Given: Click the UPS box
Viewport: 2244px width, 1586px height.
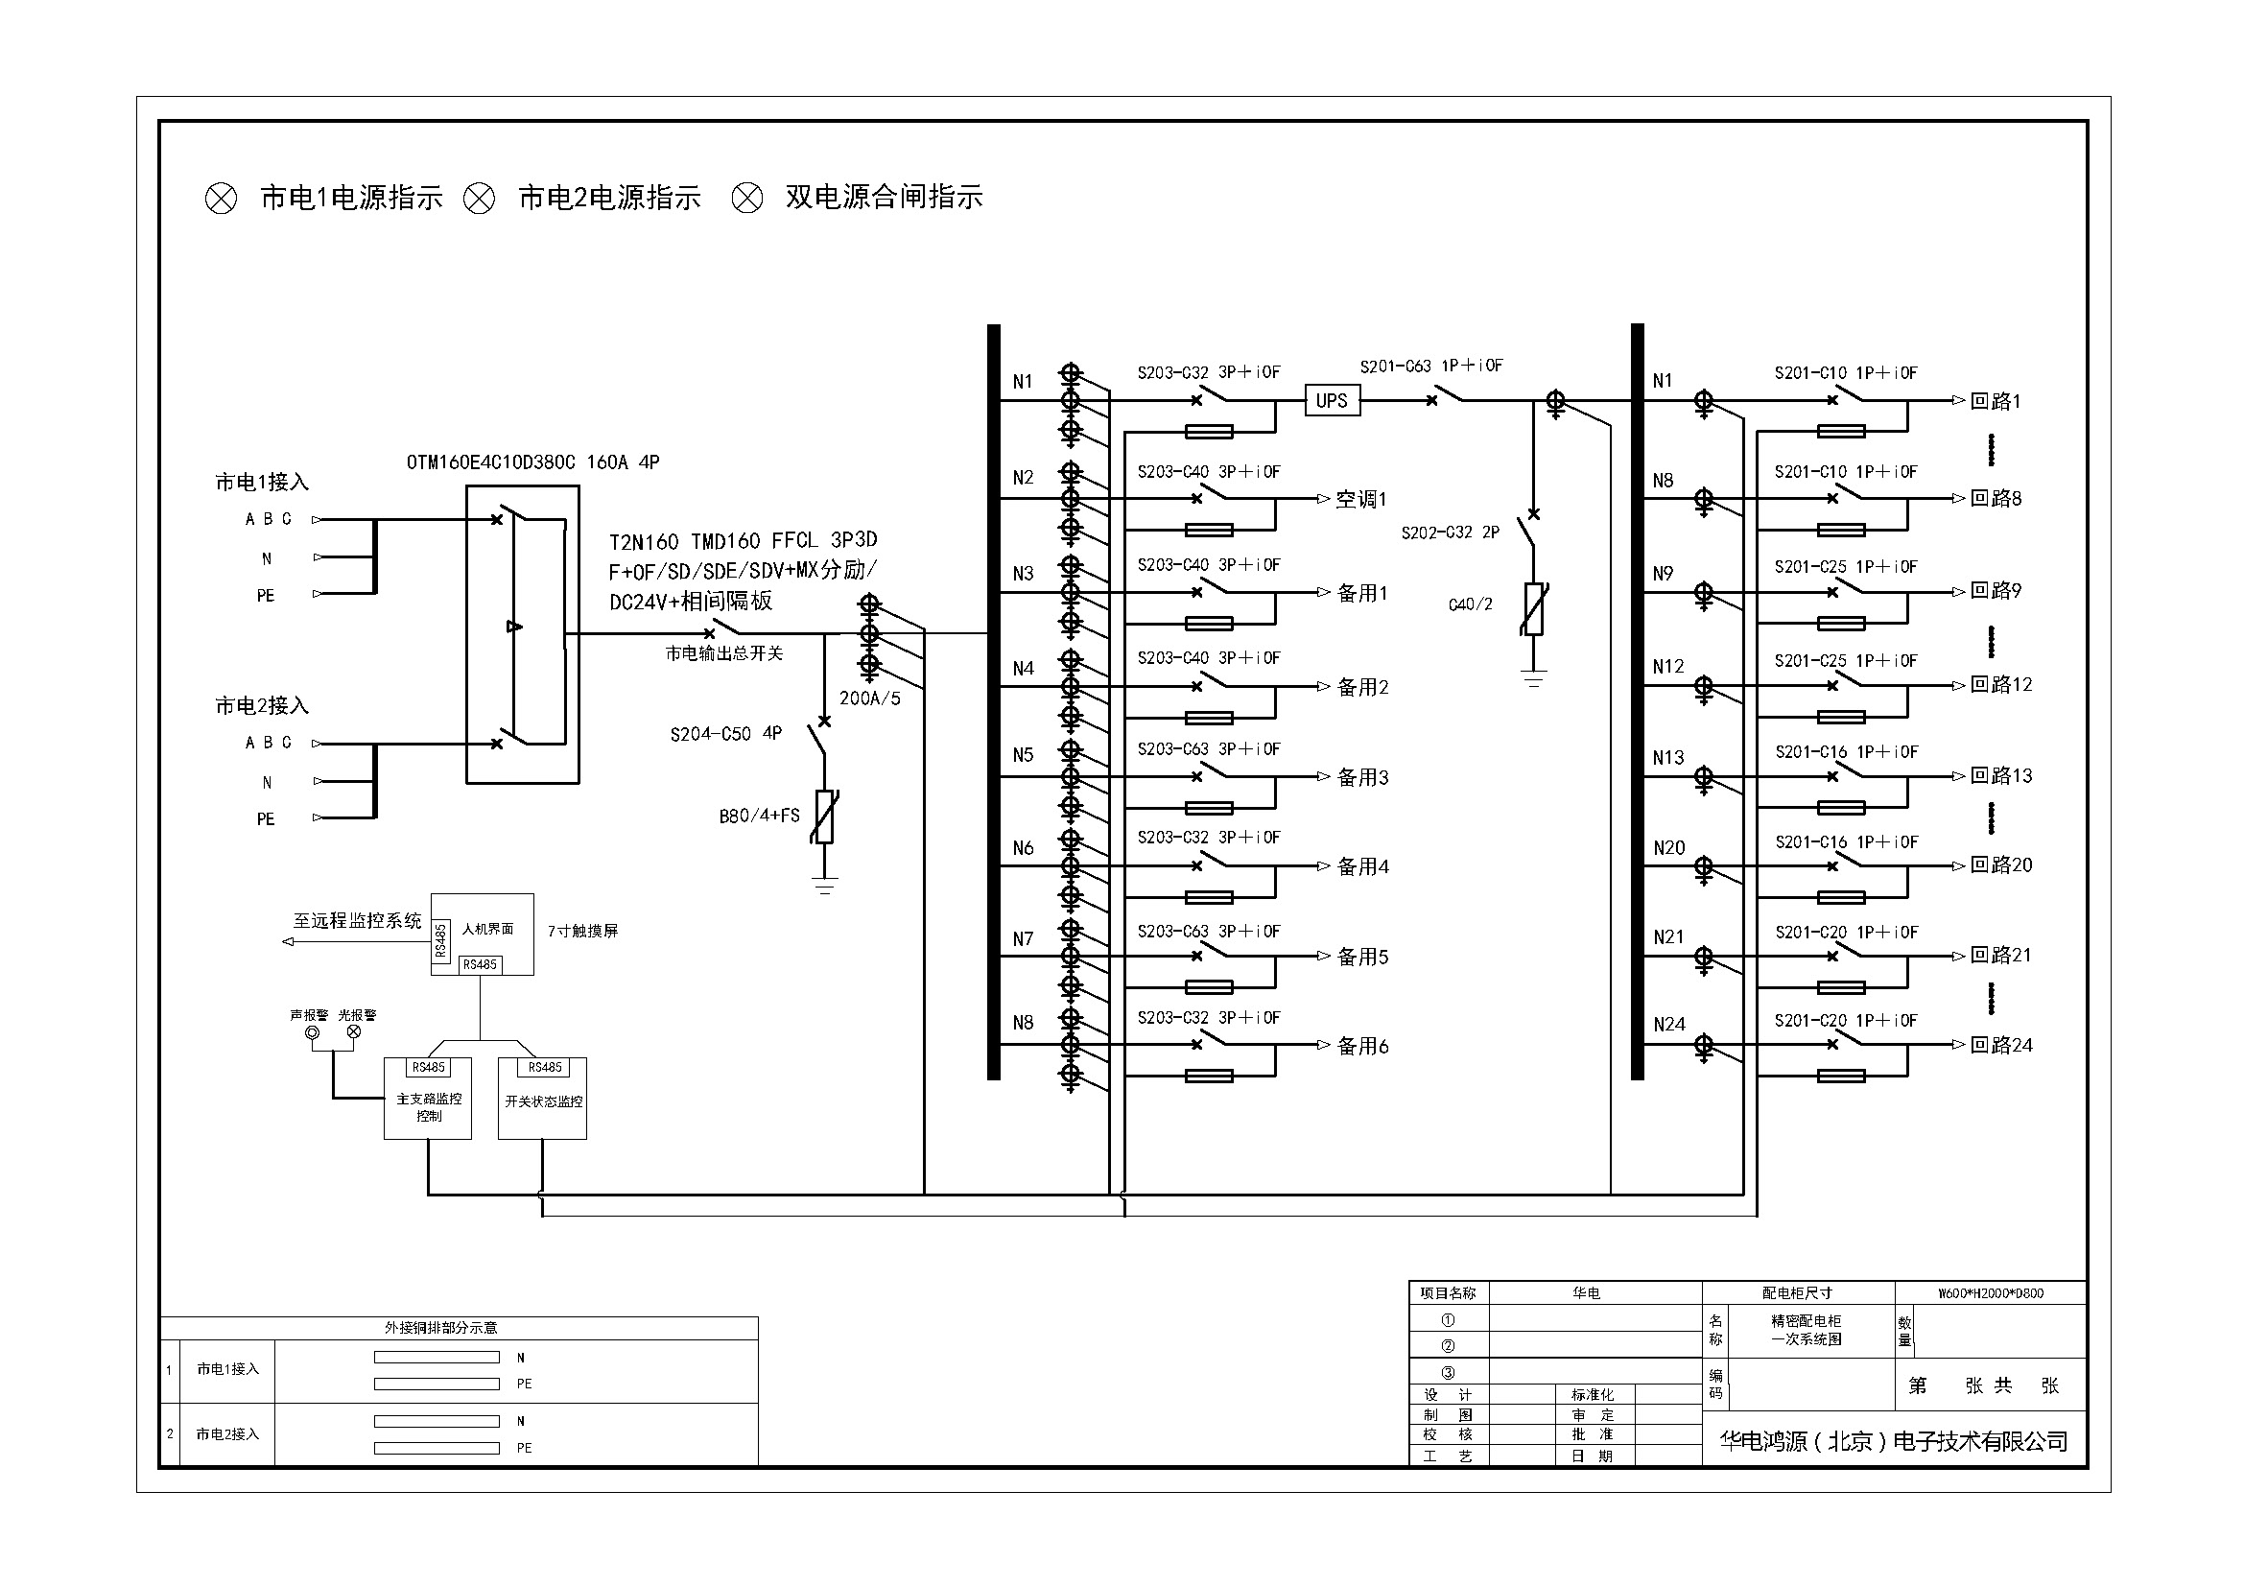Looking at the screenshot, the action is pyautogui.click(x=1332, y=401).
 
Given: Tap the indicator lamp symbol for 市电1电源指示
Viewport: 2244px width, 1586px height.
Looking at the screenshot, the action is pyautogui.click(x=221, y=200).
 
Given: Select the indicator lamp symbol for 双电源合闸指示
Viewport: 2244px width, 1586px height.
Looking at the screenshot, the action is pyautogui.click(x=747, y=199).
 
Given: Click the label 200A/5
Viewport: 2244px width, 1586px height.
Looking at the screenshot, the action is pyautogui.click(x=870, y=698).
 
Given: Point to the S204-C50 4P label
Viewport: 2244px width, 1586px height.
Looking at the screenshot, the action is pyautogui.click(x=725, y=734).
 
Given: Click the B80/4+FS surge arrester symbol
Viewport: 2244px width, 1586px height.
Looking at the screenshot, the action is pyautogui.click(x=825, y=816).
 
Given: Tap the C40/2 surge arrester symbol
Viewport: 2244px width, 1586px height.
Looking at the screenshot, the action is pyautogui.click(x=1533, y=607).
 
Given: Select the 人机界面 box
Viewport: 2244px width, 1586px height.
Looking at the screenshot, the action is pyautogui.click(x=483, y=935).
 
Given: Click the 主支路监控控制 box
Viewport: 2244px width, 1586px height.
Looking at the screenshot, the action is pyautogui.click(x=428, y=1099).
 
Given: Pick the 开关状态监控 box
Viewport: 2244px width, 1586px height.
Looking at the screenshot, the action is pyautogui.click(x=542, y=1099).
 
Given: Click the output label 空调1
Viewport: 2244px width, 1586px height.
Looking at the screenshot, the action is pyautogui.click(x=1361, y=499).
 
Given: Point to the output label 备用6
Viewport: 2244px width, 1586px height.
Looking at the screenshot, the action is pyautogui.click(x=1363, y=1046).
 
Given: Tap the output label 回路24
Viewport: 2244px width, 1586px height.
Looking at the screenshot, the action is pyautogui.click(x=2001, y=1045).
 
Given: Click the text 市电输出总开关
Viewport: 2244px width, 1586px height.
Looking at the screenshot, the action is pyautogui.click(x=724, y=652).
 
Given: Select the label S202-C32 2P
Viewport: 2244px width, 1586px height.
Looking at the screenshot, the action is pyautogui.click(x=1451, y=533).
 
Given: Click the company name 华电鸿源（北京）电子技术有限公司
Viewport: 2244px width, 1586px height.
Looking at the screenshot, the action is pyautogui.click(x=1894, y=1440).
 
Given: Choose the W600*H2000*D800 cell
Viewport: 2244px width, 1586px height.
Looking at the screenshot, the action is pyautogui.click(x=1991, y=1292).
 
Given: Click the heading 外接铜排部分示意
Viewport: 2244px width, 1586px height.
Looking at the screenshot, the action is pyautogui.click(x=440, y=1328).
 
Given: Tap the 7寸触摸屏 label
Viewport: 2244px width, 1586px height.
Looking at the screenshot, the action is pyautogui.click(x=582, y=932).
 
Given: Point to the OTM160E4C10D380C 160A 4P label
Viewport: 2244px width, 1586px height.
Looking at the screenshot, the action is pyautogui.click(x=532, y=462).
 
